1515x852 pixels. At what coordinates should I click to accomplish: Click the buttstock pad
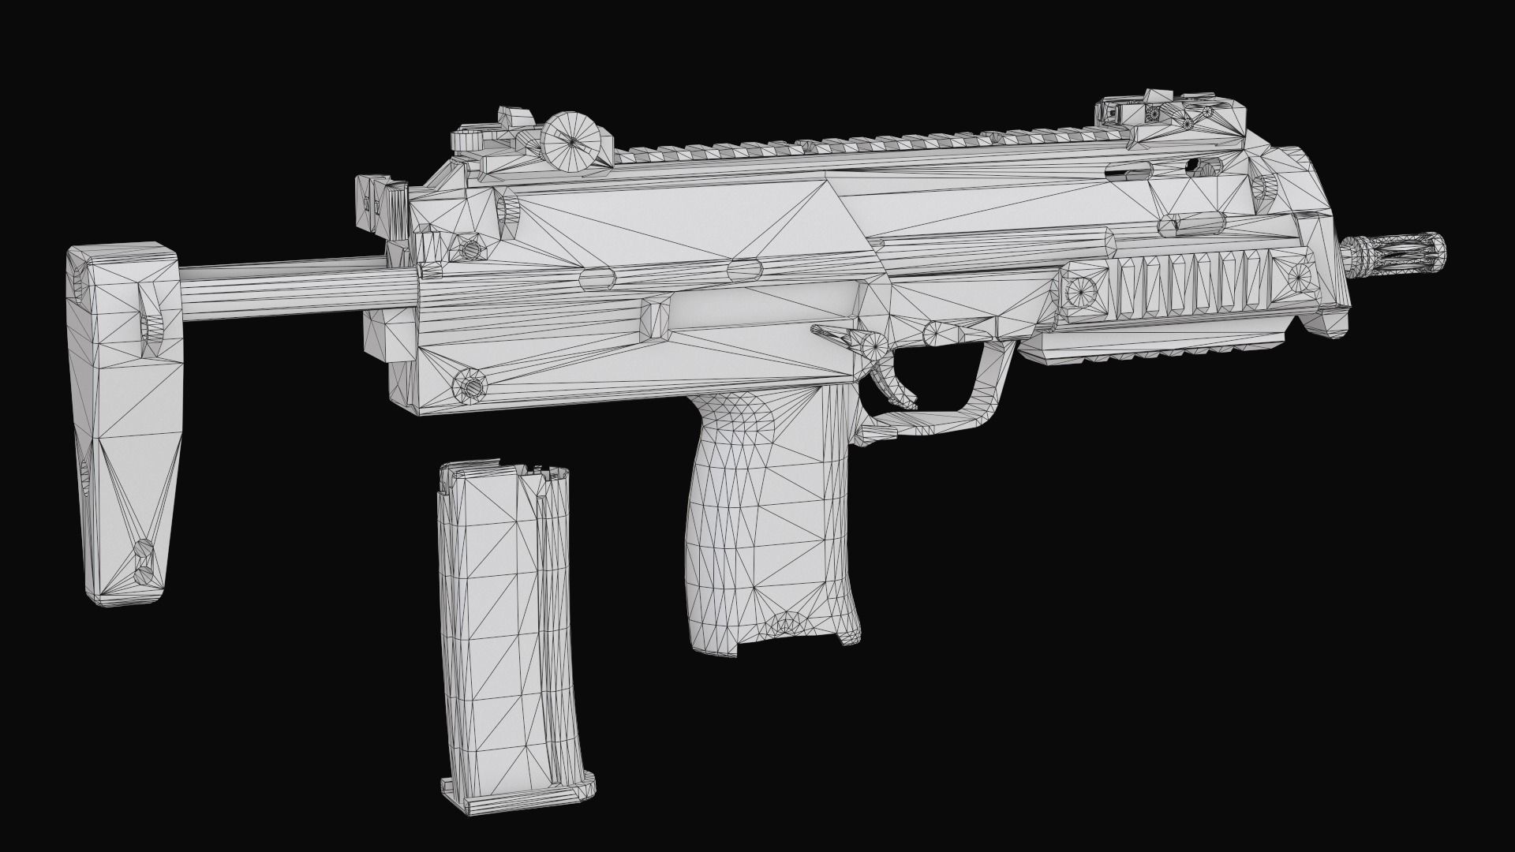click(126, 426)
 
